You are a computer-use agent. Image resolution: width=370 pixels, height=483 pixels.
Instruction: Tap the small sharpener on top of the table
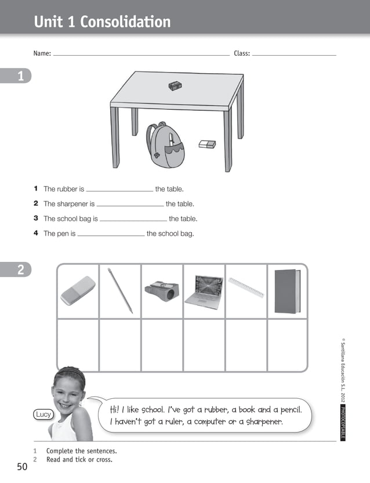point(175,86)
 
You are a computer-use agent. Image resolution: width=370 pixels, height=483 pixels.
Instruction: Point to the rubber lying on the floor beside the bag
point(207,144)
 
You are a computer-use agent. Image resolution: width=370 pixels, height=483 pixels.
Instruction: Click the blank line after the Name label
point(141,55)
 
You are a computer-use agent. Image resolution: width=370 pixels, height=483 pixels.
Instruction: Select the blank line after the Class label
point(294,55)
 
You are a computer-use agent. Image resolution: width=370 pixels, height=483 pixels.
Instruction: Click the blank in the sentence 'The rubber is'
point(119,190)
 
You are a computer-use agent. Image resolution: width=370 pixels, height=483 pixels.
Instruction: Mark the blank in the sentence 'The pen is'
point(111,235)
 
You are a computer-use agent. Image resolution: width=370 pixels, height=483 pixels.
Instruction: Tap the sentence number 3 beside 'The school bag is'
point(35,219)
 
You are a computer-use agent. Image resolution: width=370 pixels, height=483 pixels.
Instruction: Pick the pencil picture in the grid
point(120,291)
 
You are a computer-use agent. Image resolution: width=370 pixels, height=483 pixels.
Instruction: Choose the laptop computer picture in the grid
point(204,290)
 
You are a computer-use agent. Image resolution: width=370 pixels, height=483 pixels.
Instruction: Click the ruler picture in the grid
point(246,287)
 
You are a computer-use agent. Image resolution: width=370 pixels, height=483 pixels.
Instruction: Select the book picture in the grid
point(287,291)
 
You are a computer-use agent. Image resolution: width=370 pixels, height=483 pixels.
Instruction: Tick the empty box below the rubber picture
point(78,345)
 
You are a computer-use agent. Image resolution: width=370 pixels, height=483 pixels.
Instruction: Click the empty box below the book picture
point(287,345)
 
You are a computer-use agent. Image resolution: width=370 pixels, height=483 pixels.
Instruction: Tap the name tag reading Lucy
point(44,414)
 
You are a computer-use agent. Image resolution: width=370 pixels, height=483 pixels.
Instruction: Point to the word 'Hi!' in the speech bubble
point(117,410)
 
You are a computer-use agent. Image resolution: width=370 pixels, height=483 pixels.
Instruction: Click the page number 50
point(22,467)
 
